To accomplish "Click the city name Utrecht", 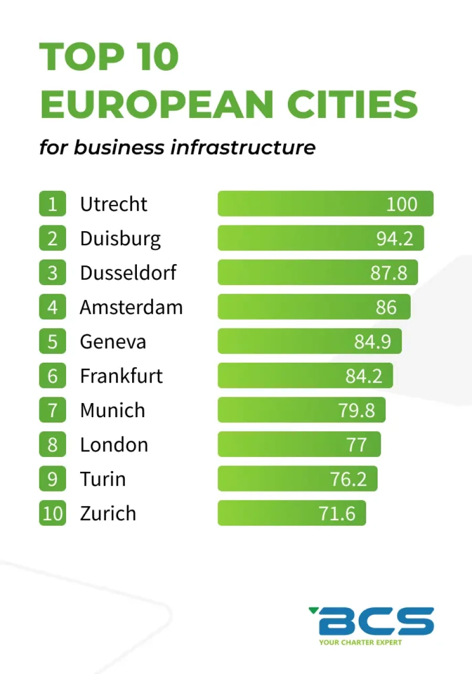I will pos(113,204).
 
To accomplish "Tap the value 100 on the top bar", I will pos(402,204).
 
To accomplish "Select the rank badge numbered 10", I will pos(52,513).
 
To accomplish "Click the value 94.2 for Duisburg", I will pos(394,238).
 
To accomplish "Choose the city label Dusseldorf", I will pos(128,273).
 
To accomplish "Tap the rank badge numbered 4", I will pos(52,307).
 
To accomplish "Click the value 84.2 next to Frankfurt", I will pos(363,376).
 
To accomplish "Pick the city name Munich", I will pos(112,410).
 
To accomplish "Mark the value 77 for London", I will pos(357,444).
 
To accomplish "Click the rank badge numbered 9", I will pos(52,479).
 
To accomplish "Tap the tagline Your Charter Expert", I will pos(360,642).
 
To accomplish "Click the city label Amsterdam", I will pos(131,307).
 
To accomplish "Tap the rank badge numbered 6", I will pos(52,376).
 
